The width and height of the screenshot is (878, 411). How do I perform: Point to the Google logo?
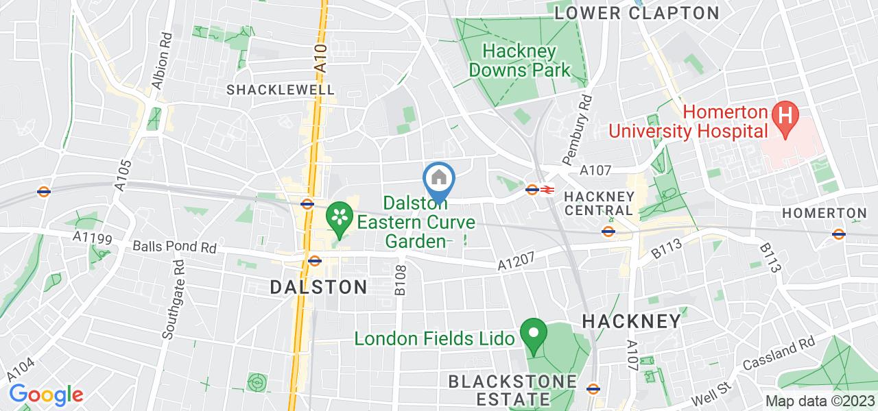click(46, 395)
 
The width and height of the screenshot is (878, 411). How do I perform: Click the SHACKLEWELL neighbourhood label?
click(281, 90)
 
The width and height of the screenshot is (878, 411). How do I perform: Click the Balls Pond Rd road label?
click(174, 246)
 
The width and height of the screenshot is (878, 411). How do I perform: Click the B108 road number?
click(401, 282)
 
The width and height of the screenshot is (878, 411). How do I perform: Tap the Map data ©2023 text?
click(820, 401)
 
